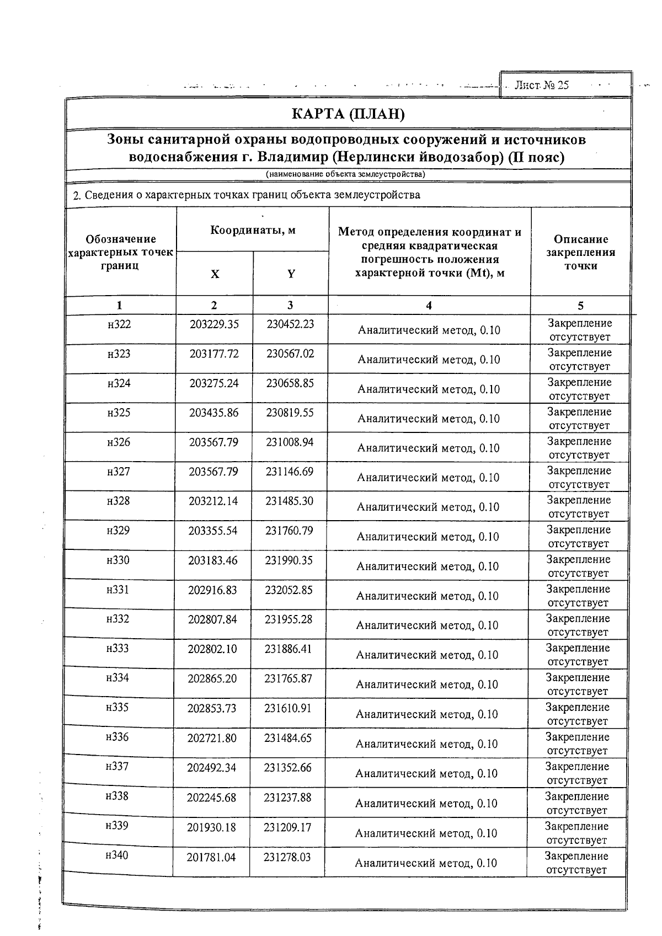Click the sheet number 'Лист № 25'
tap(541, 85)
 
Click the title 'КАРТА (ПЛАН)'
tap(348, 115)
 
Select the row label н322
tap(119, 324)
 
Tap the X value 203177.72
tap(214, 354)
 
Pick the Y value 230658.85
tap(290, 383)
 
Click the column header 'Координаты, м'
tap(253, 230)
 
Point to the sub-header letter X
tap(215, 274)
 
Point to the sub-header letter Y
tap(291, 274)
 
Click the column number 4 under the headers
tap(429, 306)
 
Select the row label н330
tap(118, 560)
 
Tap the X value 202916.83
tap(212, 590)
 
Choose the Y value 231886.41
tap(288, 649)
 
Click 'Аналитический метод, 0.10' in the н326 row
tap(429, 448)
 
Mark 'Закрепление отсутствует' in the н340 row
tap(576, 863)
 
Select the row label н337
tap(117, 767)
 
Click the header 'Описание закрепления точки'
tap(580, 252)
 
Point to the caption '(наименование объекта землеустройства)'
tap(346, 174)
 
